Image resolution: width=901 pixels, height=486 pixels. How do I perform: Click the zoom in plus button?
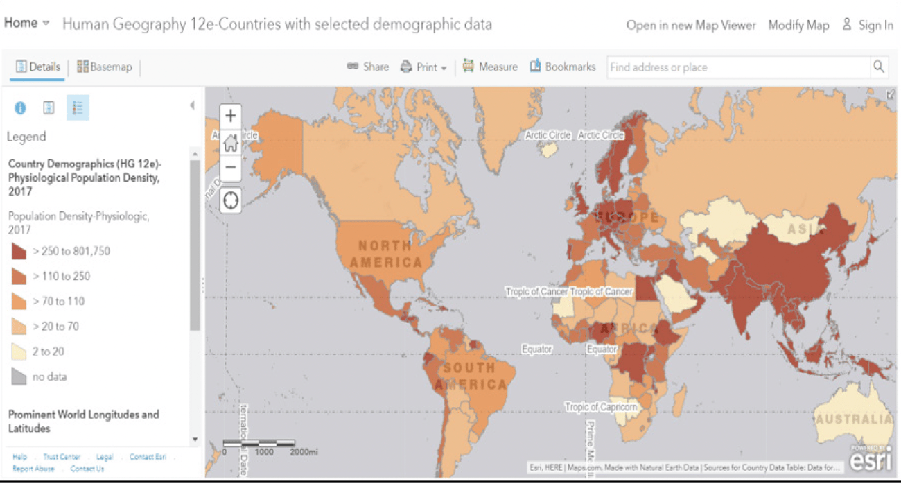[x=231, y=116]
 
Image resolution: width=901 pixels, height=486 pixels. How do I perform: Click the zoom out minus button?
[x=231, y=168]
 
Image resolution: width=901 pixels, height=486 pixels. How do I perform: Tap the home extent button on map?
[x=231, y=143]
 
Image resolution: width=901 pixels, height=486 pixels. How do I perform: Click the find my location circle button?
[x=231, y=200]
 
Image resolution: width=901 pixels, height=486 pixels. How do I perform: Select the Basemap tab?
[x=105, y=67]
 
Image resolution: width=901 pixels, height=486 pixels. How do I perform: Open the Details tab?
[x=39, y=67]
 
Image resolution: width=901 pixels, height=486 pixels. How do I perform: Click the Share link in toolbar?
[x=369, y=67]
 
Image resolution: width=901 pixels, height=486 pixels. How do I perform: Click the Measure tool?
[x=490, y=67]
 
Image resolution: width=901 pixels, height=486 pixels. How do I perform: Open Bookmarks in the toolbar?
[x=563, y=67]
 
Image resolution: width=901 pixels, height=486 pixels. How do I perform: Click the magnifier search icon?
[x=879, y=67]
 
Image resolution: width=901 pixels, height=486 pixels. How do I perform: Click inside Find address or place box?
[x=738, y=67]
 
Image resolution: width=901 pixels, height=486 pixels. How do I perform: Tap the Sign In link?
[x=868, y=25]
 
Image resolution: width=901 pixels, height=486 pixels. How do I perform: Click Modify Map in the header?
[x=798, y=25]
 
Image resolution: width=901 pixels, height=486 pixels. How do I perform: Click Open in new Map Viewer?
[x=691, y=25]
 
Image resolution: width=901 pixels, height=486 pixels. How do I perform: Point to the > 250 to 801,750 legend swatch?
[x=19, y=251]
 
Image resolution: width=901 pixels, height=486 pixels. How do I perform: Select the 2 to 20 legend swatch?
[x=19, y=352]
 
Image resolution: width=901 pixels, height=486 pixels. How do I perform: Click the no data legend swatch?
[x=19, y=377]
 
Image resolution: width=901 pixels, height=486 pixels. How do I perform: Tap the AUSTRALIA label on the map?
[x=853, y=419]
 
